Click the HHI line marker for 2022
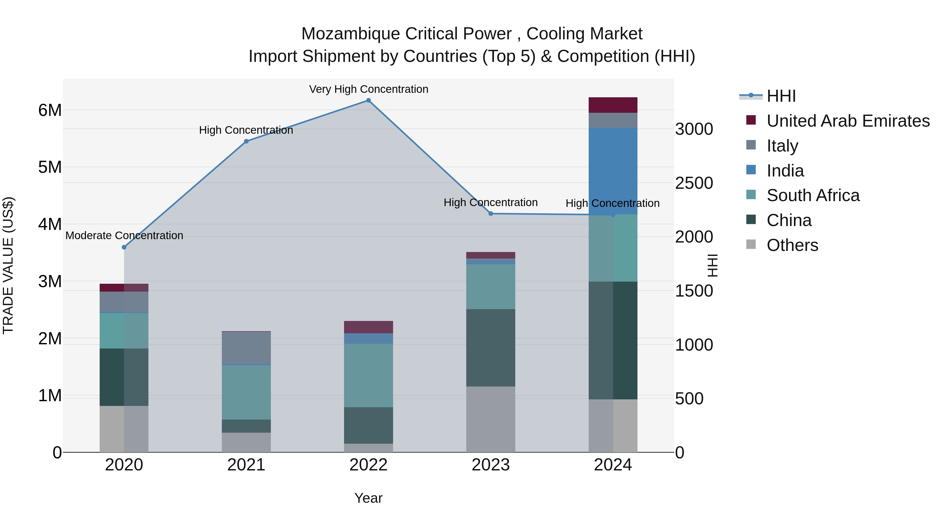368,100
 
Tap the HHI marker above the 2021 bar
246,141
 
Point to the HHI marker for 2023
491,214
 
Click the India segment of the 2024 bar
613,171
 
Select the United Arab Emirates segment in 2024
613,105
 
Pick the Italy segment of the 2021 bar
246,347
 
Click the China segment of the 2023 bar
490,347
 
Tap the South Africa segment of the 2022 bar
368,375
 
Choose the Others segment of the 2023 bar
490,419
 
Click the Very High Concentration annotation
368,89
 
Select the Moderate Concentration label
124,236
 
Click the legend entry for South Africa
813,195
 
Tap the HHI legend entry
781,96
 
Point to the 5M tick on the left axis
50,167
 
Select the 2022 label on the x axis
368,465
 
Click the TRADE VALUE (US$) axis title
8,265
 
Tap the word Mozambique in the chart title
351,34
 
